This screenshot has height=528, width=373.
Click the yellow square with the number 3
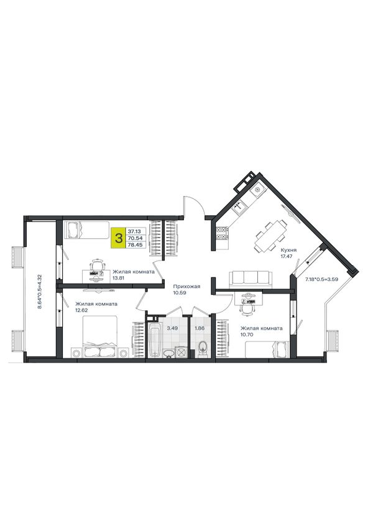pos(119,238)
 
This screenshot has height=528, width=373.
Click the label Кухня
pos(289,250)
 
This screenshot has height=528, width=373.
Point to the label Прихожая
pos(186,287)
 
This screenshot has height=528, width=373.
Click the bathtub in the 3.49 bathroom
pos(155,340)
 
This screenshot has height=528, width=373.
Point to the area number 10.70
pos(246,335)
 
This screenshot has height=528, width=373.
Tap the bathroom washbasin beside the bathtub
pos(168,353)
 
